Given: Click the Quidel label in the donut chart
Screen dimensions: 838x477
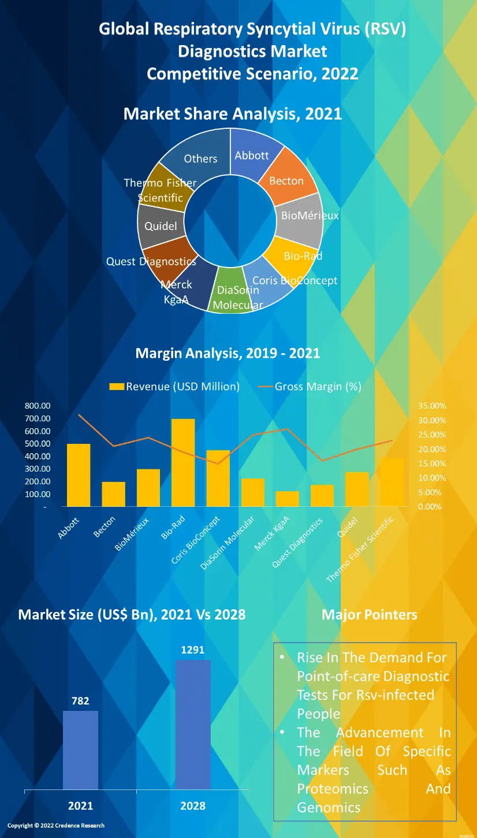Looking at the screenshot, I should tap(161, 226).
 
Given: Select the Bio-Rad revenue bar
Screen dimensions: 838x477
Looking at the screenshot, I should tap(183, 462).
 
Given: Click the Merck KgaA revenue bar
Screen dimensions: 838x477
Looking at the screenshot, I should tap(288, 499).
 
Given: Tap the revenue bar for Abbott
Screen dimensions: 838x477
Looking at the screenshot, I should tap(79, 475).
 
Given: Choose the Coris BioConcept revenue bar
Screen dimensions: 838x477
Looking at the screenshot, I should tap(218, 478).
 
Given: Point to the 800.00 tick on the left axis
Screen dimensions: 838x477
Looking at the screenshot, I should tap(38, 406).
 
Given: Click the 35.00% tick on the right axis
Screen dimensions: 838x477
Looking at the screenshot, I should tap(432, 406).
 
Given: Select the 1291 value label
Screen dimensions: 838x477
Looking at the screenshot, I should tap(193, 650).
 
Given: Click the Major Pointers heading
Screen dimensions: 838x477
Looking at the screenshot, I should tap(369, 614).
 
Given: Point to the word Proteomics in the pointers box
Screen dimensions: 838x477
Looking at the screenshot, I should tap(333, 789).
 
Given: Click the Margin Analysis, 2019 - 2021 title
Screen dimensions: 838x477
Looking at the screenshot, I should tap(228, 353).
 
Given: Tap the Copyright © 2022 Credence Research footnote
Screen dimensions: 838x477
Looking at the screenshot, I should tap(56, 825).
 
